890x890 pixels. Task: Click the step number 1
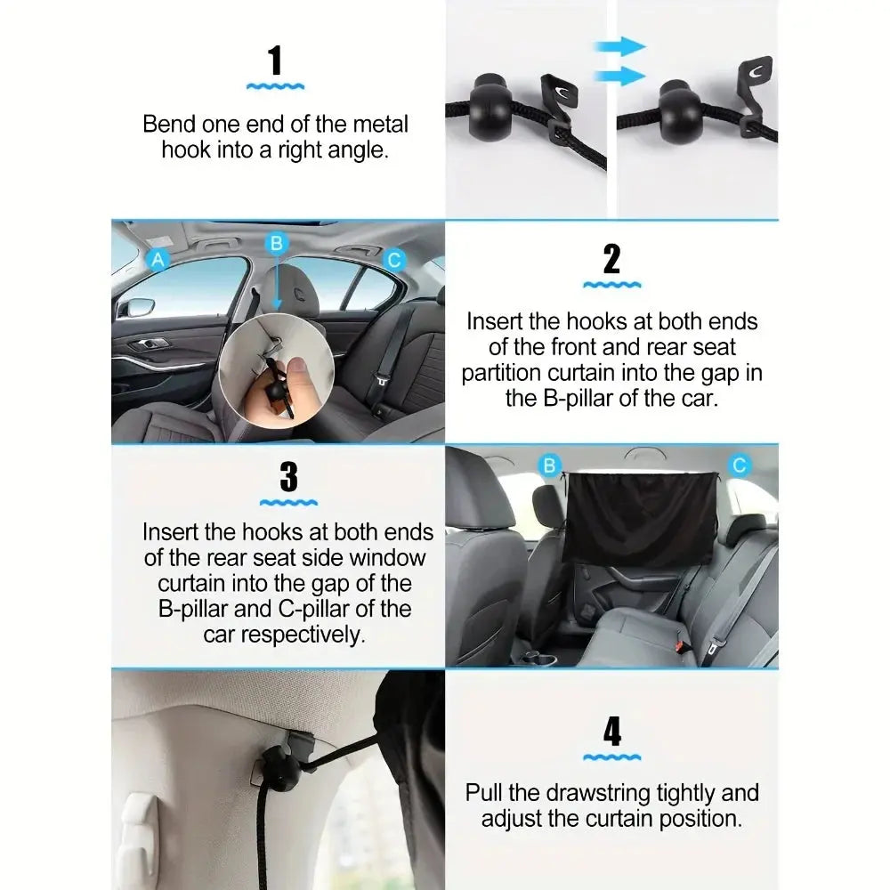point(275,61)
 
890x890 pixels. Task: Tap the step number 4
point(612,732)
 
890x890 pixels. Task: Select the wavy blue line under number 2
point(611,285)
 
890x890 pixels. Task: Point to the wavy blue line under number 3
point(288,503)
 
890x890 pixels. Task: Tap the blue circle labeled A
point(158,259)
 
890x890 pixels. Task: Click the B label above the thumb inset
point(277,243)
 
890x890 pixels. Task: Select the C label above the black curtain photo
point(739,465)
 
